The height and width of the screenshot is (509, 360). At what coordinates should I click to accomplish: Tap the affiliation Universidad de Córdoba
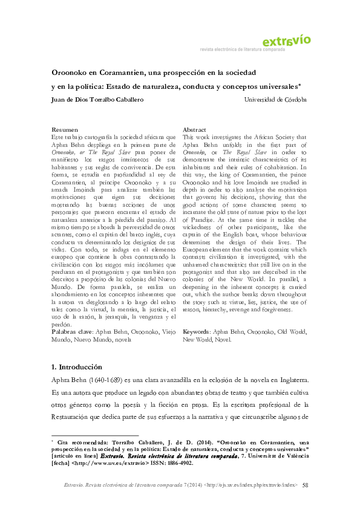(x=275, y=99)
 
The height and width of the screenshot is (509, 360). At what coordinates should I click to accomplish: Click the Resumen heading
(x=65, y=130)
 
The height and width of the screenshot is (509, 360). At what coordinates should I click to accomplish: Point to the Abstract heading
(x=195, y=130)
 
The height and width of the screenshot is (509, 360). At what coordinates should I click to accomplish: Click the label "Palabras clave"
(x=72, y=332)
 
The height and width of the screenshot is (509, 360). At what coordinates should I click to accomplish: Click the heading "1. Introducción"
(x=77, y=367)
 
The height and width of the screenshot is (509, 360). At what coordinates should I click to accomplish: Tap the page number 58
(x=305, y=485)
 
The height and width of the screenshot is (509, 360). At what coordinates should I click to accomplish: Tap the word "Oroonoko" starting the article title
(x=68, y=72)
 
